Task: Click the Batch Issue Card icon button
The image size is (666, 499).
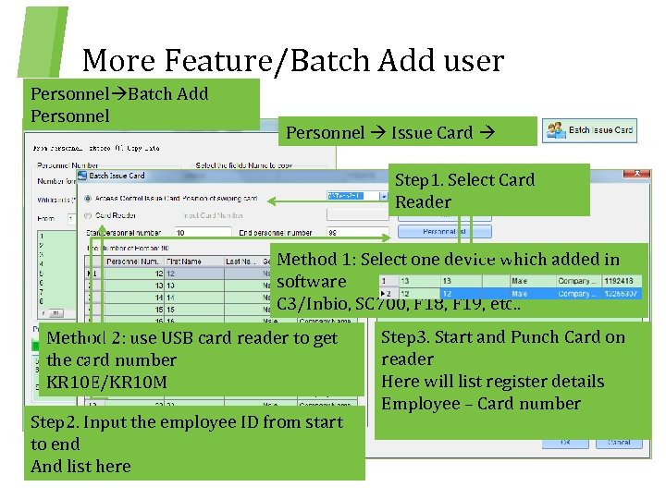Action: (589, 130)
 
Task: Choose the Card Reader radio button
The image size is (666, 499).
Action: (88, 215)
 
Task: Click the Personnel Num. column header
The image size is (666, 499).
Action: (130, 262)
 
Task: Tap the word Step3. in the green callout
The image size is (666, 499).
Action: (409, 337)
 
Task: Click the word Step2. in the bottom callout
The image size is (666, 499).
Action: (58, 422)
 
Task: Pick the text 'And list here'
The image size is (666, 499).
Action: (80, 467)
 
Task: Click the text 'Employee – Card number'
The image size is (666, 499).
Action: (480, 404)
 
